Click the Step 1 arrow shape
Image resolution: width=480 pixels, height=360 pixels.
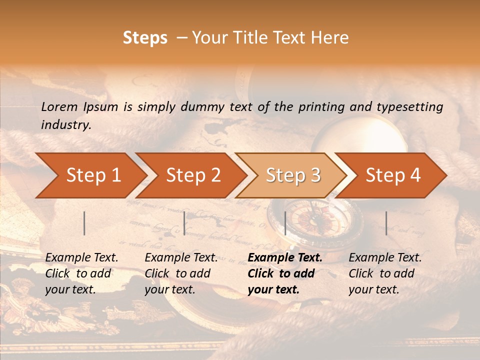[x=90, y=175]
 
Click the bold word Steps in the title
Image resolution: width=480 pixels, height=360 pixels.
[x=145, y=38]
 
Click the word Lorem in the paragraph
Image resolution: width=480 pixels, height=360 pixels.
[x=59, y=106]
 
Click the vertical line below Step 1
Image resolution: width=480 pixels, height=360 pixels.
[x=84, y=223]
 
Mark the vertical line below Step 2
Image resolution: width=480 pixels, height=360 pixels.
[x=184, y=223]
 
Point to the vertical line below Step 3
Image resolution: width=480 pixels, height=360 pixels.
[x=285, y=223]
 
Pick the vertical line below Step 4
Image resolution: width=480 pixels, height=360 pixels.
[x=386, y=223]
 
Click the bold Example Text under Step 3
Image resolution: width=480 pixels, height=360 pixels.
[x=285, y=258]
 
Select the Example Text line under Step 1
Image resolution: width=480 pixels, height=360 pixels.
[x=81, y=258]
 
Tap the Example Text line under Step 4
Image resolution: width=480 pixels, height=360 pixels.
[x=385, y=258]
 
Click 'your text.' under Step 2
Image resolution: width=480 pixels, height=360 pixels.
[x=169, y=289]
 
